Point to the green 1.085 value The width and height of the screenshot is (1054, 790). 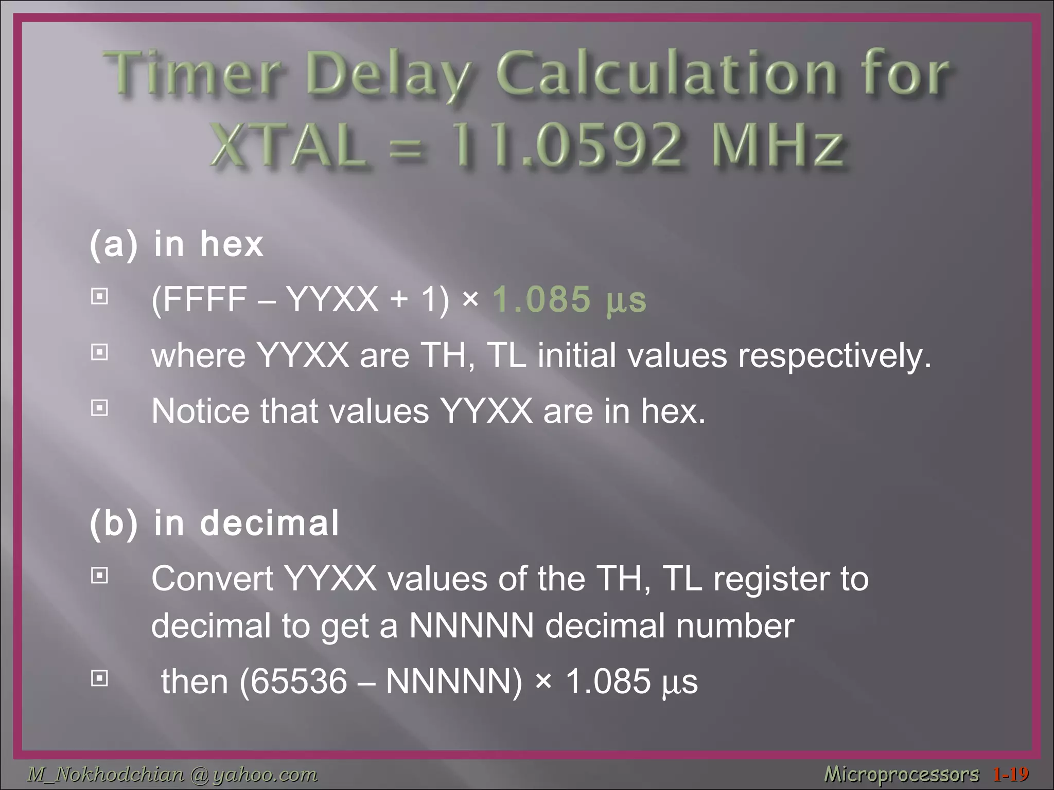tap(541, 299)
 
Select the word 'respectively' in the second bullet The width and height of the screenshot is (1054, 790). tap(834, 356)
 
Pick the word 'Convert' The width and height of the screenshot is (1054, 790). tap(212, 579)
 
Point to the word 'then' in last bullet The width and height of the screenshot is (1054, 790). tap(195, 681)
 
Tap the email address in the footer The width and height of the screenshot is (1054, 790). tap(172, 774)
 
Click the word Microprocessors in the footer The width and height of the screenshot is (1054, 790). tap(901, 774)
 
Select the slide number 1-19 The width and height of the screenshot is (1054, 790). tap(1011, 774)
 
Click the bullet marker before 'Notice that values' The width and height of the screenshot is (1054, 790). tap(99, 408)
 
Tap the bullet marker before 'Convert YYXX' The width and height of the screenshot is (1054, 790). tap(99, 576)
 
